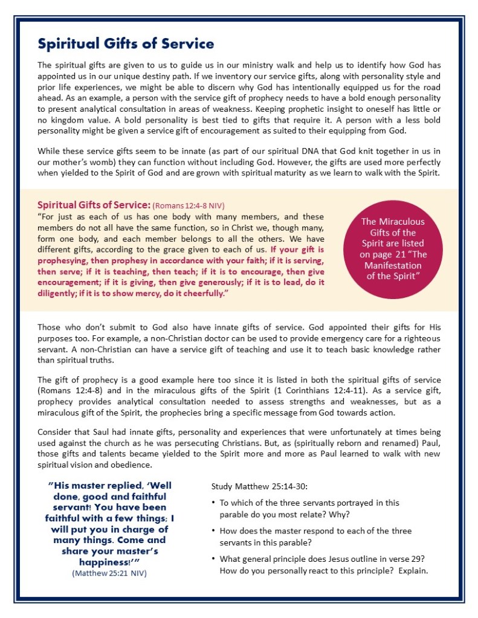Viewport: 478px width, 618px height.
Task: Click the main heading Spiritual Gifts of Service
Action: click(126, 43)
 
